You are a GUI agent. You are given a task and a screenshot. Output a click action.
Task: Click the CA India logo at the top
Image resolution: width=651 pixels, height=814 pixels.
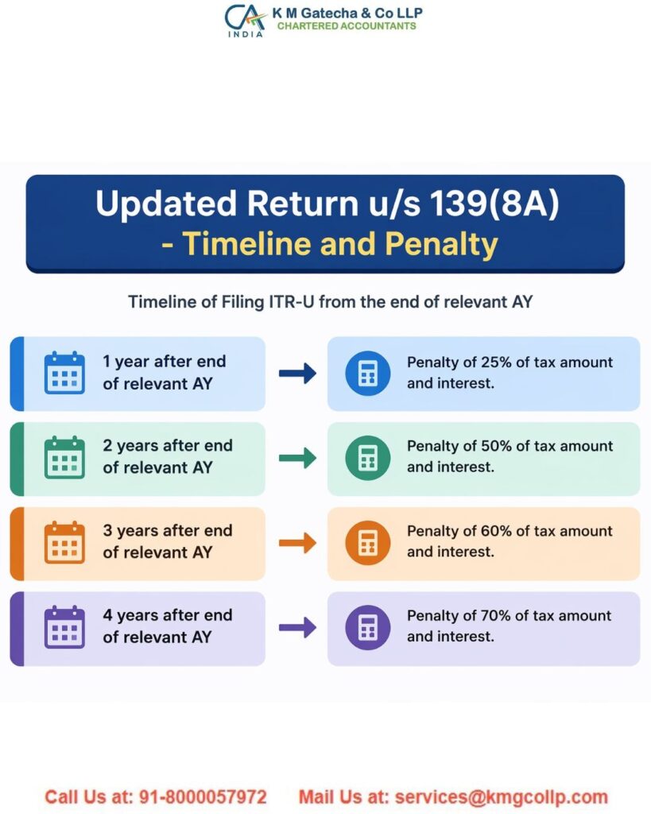pyautogui.click(x=244, y=19)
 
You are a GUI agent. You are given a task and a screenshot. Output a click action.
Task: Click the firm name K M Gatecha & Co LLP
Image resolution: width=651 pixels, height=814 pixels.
pyautogui.click(x=347, y=13)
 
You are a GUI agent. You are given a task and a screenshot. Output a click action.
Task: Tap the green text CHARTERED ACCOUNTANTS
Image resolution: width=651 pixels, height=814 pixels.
pyautogui.click(x=347, y=26)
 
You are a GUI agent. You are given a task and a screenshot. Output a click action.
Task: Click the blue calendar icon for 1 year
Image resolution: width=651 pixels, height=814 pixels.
pyautogui.click(x=64, y=373)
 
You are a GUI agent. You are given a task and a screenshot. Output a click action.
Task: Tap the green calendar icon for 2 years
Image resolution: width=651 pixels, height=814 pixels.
pyautogui.click(x=64, y=457)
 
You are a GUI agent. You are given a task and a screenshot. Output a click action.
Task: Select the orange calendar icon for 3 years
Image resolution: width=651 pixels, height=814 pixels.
pyautogui.click(x=64, y=542)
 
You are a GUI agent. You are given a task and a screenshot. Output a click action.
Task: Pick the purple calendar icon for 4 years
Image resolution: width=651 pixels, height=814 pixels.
pyautogui.click(x=64, y=626)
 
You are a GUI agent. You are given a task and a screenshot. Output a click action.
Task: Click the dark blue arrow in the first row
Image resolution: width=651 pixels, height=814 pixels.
pyautogui.click(x=297, y=374)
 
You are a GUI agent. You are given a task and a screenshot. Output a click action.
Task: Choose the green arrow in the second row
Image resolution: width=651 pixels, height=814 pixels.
pyautogui.click(x=297, y=458)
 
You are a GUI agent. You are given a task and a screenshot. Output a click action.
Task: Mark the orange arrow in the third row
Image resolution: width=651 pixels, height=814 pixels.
pyautogui.click(x=297, y=543)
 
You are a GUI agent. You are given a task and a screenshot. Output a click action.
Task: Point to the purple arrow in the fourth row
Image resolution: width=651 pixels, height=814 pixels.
pyautogui.click(x=297, y=628)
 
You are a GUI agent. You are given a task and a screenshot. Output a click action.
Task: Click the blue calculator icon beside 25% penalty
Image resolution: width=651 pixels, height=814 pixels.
pyautogui.click(x=367, y=374)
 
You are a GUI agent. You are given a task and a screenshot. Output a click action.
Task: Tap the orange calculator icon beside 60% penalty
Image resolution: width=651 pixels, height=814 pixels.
pyautogui.click(x=367, y=543)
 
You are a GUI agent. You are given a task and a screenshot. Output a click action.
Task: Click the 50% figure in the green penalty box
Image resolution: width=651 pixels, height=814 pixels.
pyautogui.click(x=496, y=446)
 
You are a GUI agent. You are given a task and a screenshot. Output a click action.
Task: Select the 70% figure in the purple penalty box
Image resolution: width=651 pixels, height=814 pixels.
pyautogui.click(x=496, y=615)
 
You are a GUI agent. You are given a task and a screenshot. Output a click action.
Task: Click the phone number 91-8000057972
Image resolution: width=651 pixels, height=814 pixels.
pyautogui.click(x=202, y=797)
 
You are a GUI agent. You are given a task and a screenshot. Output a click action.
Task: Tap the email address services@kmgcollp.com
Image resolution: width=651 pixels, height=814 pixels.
pyautogui.click(x=501, y=797)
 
